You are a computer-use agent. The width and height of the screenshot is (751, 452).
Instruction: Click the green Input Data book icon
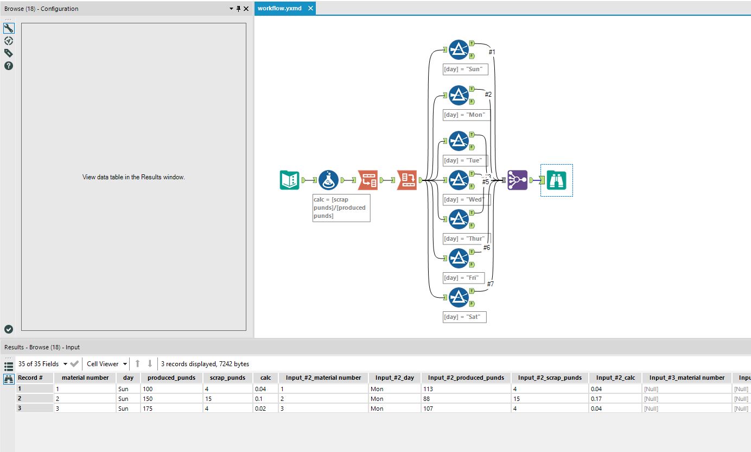289,180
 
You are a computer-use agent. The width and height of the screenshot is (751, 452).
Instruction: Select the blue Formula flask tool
328,180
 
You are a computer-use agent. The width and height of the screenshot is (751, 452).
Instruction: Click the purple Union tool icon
517,180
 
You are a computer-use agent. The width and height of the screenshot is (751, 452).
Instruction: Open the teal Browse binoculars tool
556,180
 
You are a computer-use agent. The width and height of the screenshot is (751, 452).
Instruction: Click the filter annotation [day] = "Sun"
464,69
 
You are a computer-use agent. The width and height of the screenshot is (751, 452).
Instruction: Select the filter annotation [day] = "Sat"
464,317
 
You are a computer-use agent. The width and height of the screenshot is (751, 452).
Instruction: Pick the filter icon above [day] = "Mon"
459,96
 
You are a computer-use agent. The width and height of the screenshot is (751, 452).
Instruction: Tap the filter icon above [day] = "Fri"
459,258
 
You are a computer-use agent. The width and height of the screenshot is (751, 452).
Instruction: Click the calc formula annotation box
341,208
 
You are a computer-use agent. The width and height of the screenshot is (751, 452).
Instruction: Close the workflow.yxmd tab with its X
310,8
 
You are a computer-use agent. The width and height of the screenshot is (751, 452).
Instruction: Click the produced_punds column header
171,378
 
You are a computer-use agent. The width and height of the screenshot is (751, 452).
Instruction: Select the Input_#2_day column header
394,378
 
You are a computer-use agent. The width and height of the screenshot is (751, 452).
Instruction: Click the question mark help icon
9,66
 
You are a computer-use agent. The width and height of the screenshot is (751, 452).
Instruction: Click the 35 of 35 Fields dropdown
43,364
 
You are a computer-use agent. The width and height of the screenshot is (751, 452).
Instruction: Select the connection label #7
490,284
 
